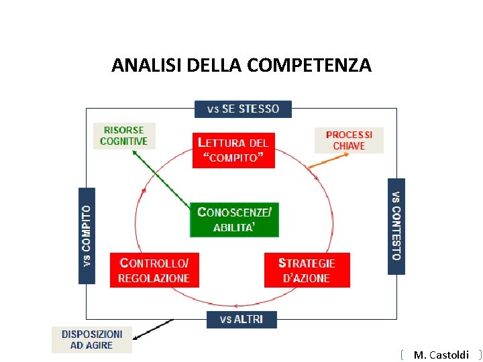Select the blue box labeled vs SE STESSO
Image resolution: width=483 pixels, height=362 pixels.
pos(243,109)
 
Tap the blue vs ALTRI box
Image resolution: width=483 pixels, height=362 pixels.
pos(241,319)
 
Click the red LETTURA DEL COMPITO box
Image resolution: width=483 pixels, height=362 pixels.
pos(233,150)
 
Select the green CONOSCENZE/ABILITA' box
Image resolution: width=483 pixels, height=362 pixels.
pos(234,219)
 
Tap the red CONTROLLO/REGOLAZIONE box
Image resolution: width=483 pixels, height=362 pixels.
pos(154,269)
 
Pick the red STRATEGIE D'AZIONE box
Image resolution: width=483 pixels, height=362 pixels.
pos(307,269)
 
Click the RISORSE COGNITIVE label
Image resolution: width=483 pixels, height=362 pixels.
pos(123,136)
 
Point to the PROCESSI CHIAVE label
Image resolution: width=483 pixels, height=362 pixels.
pos(349,140)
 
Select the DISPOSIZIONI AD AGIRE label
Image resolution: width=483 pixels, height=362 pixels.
pos(92,339)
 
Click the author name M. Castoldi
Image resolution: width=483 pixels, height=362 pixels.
pos(441,355)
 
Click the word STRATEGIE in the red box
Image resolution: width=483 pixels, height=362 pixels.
pos(307,263)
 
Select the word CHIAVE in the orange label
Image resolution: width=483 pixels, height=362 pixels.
pos(349,145)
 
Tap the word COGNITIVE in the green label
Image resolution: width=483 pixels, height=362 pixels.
pos(123,141)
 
